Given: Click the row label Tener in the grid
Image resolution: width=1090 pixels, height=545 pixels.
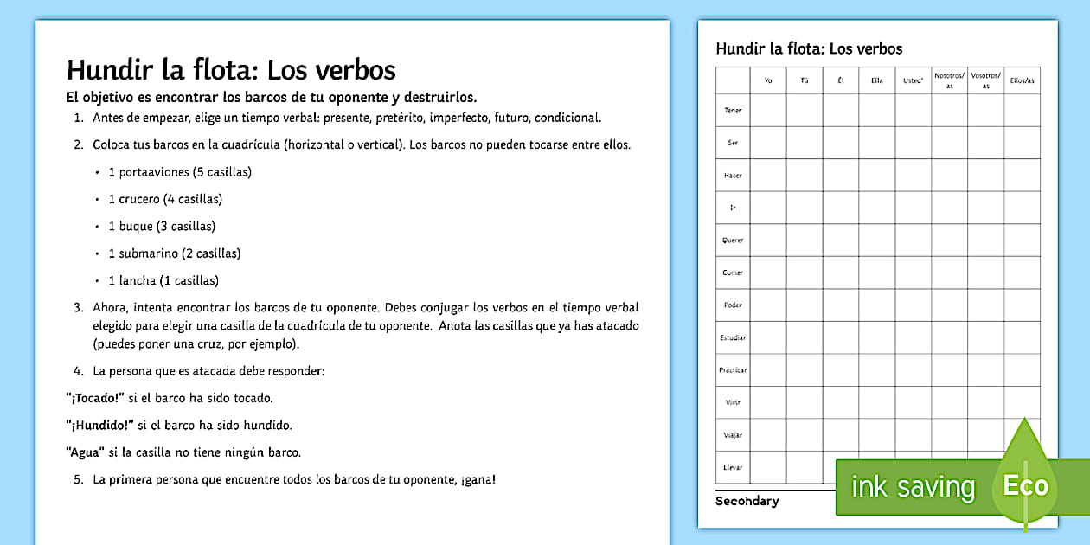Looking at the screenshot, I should click(733, 111).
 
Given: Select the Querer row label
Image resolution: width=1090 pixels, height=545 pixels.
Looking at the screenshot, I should click(733, 240).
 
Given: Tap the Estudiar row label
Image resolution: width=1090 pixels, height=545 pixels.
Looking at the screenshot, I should click(733, 337).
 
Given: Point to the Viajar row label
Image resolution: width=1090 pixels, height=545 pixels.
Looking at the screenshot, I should click(733, 435).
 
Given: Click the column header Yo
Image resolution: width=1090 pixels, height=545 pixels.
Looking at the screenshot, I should click(768, 81).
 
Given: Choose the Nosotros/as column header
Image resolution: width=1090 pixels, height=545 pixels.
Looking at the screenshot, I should click(949, 80).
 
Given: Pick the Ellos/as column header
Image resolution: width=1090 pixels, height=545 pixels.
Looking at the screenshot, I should click(1022, 81).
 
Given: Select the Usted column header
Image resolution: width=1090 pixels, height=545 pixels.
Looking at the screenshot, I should click(913, 81).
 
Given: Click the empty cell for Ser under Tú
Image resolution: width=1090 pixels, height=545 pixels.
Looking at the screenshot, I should click(805, 143).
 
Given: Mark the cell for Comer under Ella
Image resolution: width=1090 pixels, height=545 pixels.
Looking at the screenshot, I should click(877, 272).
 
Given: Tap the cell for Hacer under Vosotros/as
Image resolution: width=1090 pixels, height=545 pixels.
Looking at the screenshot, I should click(985, 176).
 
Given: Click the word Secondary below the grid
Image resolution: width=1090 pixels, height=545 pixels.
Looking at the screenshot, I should click(747, 501).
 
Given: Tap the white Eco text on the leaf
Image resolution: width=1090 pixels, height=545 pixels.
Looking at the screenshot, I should click(1026, 485).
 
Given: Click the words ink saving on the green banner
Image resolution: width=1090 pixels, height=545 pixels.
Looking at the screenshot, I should click(913, 487).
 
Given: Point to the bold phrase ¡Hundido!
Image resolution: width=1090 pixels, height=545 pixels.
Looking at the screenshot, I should click(99, 425).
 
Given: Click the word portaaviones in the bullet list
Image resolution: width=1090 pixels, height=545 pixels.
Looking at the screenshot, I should click(153, 172).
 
